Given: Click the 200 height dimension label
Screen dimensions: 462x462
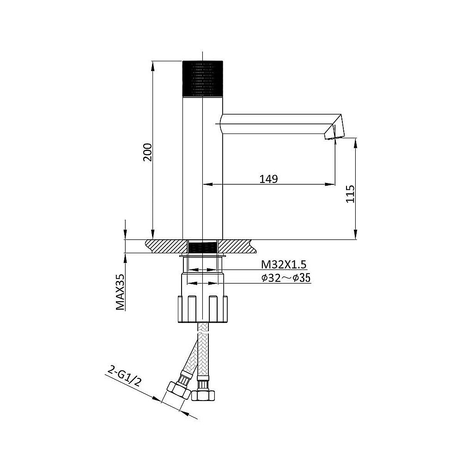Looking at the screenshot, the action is tap(148, 152).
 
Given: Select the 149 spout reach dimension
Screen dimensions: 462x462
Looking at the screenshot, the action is tap(268, 178).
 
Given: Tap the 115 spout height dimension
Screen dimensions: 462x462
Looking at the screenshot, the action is tap(350, 194).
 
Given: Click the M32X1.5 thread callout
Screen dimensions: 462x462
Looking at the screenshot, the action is tap(284, 265).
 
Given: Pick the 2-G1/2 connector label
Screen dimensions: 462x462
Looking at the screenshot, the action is tap(125, 377).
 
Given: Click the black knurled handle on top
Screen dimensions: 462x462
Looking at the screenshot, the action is tap(202, 79).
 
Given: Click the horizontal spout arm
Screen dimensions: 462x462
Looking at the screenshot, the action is tap(277, 124).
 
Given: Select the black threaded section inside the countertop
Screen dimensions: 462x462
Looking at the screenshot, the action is tap(202, 247).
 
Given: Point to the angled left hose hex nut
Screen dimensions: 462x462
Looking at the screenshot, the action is tap(178, 390).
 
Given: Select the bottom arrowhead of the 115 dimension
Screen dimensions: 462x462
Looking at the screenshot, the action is tap(356, 235).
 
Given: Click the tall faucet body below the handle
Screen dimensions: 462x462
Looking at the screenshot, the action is tap(202, 168).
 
